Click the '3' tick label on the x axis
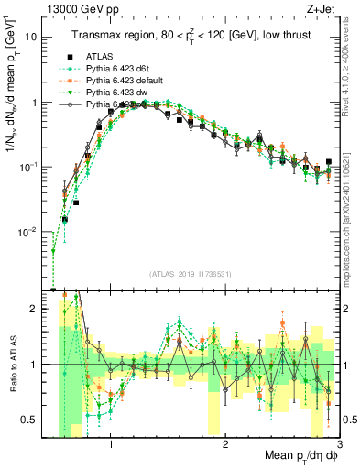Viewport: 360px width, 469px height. coord(339,445)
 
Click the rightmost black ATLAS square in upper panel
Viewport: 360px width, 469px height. coord(328,162)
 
